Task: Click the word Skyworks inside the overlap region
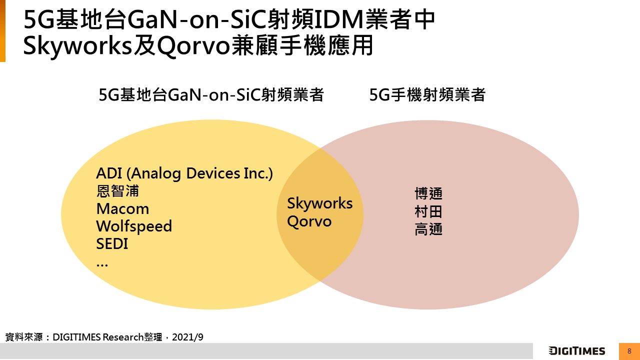[319, 204]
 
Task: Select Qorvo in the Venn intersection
[309, 221]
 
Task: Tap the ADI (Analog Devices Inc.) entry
[184, 173]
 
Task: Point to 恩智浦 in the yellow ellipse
[117, 191]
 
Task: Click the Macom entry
[122, 209]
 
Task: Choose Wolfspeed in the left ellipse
[134, 226]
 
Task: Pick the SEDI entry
[112, 243]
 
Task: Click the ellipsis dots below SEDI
[102, 265]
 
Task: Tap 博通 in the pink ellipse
[428, 193]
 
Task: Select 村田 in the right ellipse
[428, 211]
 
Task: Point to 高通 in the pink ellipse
[428, 229]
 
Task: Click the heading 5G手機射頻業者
[427, 94]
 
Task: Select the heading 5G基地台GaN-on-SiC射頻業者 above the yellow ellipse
[211, 94]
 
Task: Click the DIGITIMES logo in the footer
[577, 351]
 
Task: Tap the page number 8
[629, 351]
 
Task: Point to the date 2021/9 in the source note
[187, 337]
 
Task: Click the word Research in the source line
[123, 337]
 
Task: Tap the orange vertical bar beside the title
[2, 31]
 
